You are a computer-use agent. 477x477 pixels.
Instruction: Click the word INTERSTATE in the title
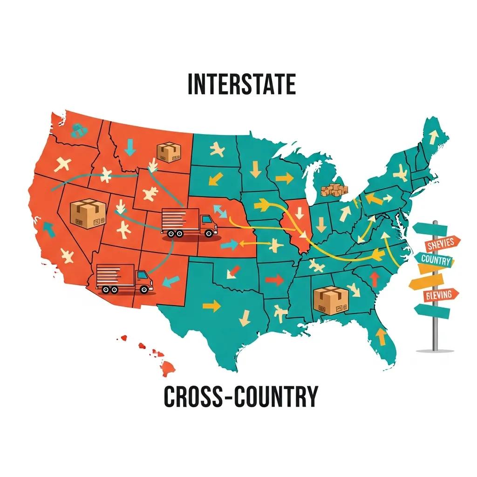241,85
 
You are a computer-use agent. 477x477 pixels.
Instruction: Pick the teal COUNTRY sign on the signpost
436,260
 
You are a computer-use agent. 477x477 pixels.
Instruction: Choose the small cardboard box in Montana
168,152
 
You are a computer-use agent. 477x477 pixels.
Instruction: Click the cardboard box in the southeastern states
332,300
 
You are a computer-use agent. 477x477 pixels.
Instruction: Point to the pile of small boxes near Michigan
334,190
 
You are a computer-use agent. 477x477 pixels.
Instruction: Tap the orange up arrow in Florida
381,335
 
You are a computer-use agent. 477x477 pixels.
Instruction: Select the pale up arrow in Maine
433,136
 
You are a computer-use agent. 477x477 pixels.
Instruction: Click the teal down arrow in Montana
131,146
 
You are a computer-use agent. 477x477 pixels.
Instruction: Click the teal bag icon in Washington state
77,130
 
